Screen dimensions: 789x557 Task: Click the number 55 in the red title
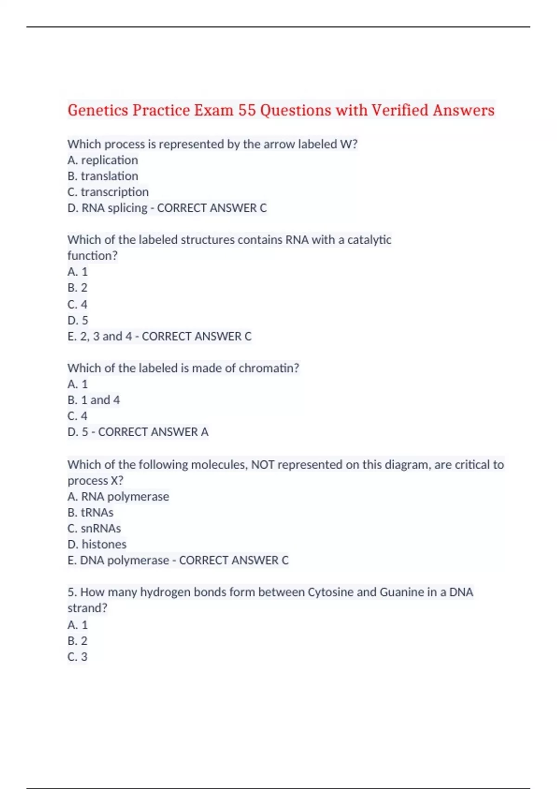(247, 110)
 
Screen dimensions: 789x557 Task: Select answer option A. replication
(103, 160)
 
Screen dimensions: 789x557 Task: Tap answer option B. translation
(103, 176)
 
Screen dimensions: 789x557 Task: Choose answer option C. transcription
(108, 192)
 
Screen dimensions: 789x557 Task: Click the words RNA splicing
(114, 208)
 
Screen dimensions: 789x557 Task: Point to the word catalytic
(369, 239)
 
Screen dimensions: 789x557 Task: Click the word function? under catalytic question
(92, 256)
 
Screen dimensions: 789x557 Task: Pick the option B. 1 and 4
(93, 400)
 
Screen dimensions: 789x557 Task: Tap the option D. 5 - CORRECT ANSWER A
(137, 432)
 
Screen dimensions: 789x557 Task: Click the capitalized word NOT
(263, 465)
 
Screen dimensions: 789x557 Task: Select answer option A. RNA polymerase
(118, 497)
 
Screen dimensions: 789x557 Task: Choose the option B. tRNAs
(90, 512)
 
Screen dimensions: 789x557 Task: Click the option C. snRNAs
(94, 528)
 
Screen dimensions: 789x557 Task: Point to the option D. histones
(97, 544)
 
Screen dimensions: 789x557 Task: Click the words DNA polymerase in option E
(124, 560)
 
